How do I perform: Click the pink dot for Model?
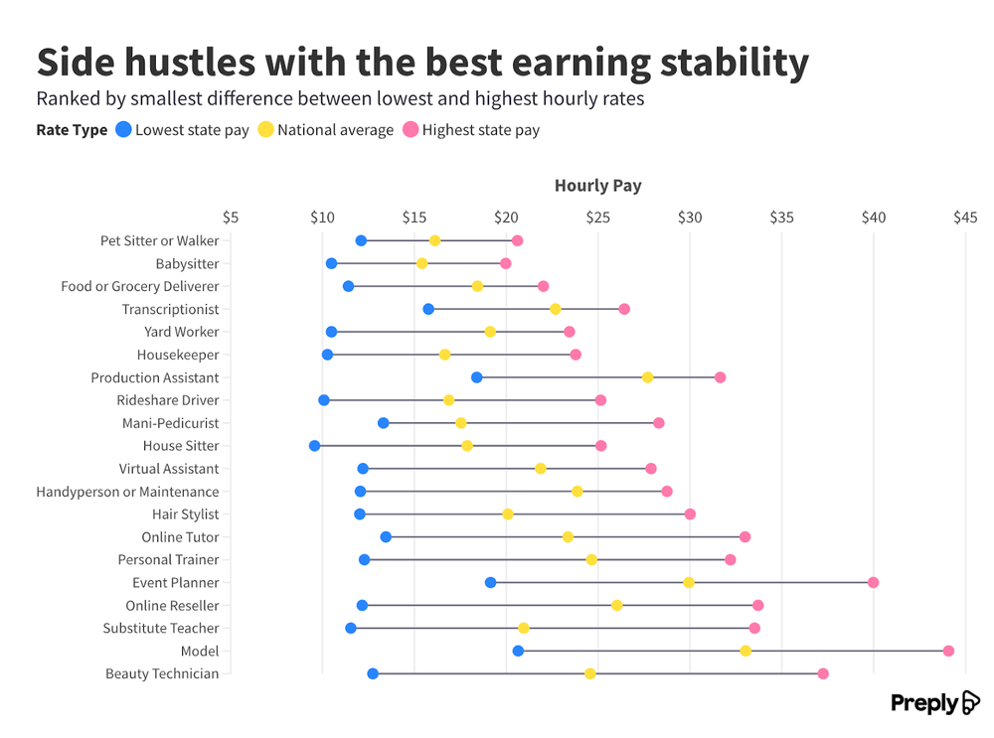click(948, 651)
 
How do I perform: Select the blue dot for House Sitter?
click(315, 446)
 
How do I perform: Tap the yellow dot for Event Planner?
click(689, 582)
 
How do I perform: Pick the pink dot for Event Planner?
click(873, 582)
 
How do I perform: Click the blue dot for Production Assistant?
click(476, 377)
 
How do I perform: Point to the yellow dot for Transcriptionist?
click(556, 309)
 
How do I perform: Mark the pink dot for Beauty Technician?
click(823, 673)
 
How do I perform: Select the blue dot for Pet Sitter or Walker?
click(361, 240)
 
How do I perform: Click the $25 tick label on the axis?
click(597, 218)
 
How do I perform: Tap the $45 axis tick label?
click(964, 218)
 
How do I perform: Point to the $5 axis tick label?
click(231, 218)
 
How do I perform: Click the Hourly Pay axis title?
click(597, 186)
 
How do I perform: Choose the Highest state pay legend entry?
click(480, 130)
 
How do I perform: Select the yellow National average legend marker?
click(265, 129)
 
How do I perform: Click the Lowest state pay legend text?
click(192, 130)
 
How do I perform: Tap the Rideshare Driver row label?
click(167, 400)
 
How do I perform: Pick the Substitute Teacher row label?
click(160, 628)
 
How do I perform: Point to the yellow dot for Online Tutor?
click(568, 536)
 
